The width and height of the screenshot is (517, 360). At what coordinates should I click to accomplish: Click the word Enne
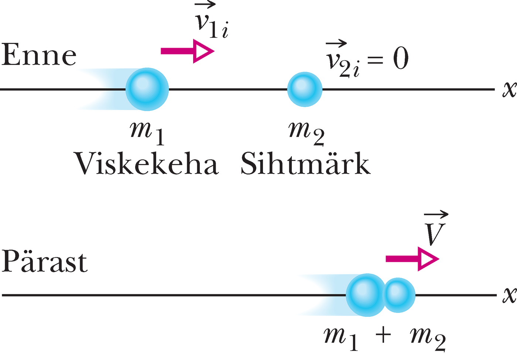[x=39, y=55]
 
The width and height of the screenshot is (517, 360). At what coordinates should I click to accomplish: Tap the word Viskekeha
[x=147, y=164]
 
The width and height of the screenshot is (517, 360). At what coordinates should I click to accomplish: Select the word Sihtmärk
[x=305, y=164]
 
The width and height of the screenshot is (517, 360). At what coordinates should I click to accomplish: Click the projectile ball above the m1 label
[x=147, y=89]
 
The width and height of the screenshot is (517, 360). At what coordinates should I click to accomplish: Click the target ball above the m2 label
[x=305, y=89]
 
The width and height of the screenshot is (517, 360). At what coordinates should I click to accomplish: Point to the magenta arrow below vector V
[x=412, y=259]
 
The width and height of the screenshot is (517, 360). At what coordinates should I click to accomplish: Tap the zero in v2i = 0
[x=401, y=59]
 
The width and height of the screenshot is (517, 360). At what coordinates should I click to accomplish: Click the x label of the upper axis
[x=509, y=89]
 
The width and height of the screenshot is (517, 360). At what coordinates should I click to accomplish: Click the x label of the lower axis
[x=509, y=295]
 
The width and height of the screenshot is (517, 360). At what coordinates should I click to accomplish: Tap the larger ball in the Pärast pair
[x=366, y=295]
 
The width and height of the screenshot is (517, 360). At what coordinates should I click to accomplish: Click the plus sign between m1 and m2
[x=383, y=336]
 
